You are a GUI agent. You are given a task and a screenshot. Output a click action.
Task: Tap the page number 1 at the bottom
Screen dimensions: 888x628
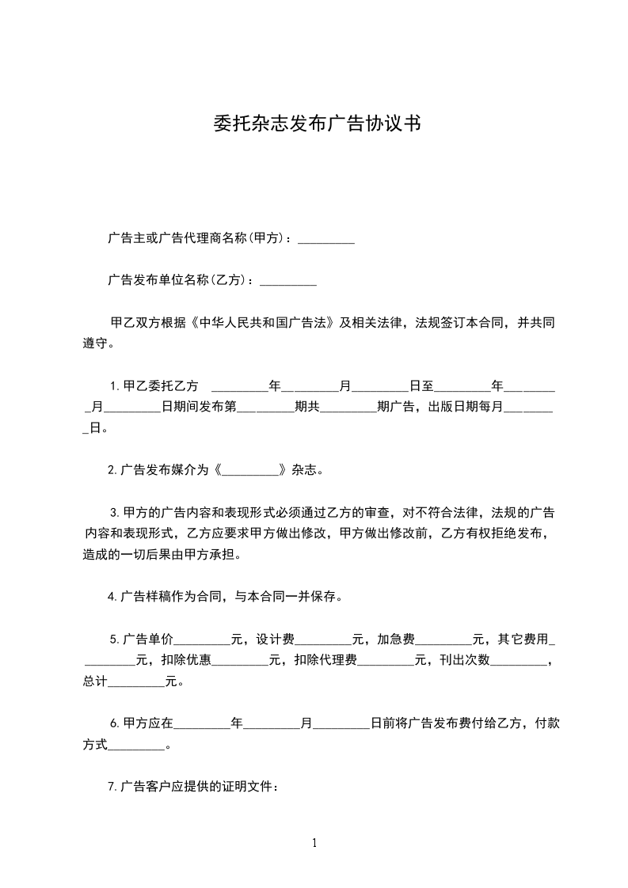pos(314,844)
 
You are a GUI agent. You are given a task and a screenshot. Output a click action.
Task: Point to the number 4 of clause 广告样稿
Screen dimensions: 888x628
pos(111,598)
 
